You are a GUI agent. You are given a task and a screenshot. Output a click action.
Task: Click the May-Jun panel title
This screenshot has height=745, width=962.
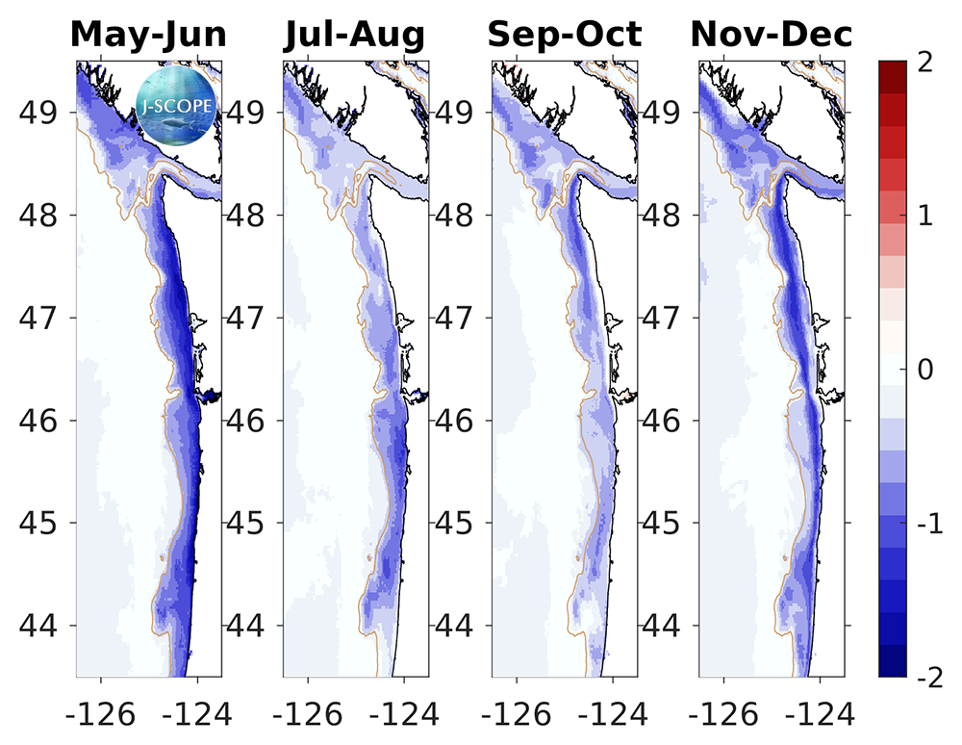pos(149,35)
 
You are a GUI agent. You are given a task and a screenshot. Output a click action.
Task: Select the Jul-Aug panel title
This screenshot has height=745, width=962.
pos(354,35)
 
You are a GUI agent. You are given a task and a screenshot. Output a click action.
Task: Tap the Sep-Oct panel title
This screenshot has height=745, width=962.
pos(564,35)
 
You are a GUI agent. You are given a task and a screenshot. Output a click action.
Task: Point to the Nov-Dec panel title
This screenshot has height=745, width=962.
pos(772,35)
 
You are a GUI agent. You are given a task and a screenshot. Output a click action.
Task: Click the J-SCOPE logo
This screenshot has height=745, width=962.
pos(177,102)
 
